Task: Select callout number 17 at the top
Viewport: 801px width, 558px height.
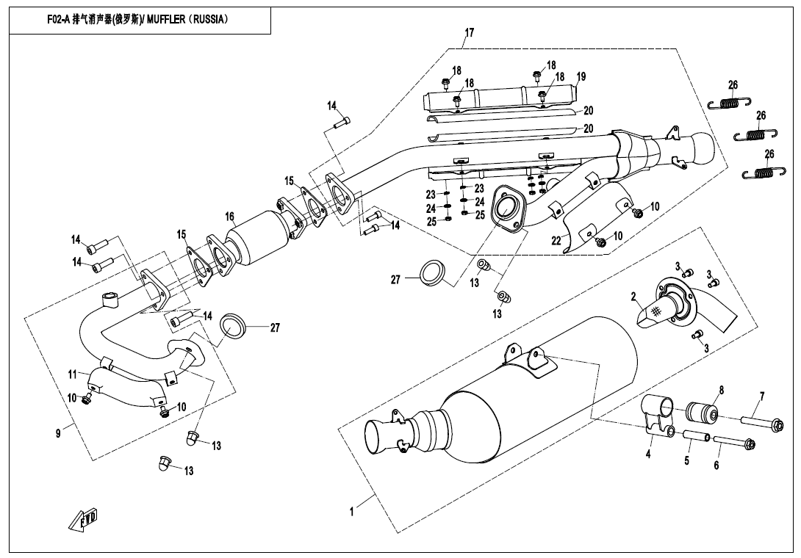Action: pos(469,33)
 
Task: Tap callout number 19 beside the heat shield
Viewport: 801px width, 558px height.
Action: pos(581,77)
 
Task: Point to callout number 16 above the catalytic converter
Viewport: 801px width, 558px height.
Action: pos(230,217)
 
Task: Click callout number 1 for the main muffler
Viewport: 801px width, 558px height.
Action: pos(351,511)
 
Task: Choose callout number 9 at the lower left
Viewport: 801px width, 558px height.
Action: pos(58,433)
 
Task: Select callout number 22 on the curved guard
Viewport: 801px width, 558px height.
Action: pos(556,239)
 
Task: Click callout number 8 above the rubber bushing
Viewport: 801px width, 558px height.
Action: pos(722,391)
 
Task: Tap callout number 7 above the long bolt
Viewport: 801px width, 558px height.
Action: pos(761,396)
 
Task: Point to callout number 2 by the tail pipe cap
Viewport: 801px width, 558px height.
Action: pos(633,296)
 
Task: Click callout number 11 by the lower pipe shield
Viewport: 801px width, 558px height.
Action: pos(72,374)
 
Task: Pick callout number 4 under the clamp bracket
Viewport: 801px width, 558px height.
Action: pos(648,453)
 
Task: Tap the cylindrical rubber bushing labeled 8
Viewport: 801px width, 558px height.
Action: pos(702,405)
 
